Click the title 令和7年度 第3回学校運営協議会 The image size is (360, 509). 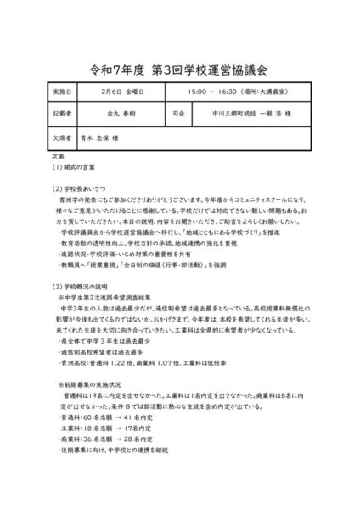pos(180,65)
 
